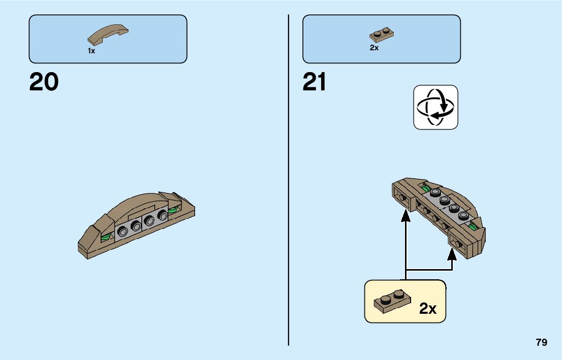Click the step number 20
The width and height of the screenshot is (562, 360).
point(44,83)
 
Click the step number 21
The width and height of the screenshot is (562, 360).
point(314,83)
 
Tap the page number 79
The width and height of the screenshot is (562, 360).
point(541,343)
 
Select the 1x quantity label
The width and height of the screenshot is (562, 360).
point(91,51)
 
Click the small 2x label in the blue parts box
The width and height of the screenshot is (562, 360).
point(374,48)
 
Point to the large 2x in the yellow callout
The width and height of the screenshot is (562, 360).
point(428,308)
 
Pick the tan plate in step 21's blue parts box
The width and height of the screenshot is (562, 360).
point(382,35)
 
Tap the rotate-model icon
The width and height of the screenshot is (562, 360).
point(435,107)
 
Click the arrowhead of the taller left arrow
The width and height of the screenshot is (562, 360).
point(405,216)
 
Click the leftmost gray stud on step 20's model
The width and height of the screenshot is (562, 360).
point(122,231)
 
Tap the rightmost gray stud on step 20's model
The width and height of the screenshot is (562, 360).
point(163,216)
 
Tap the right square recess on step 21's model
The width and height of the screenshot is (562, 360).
point(458,245)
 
